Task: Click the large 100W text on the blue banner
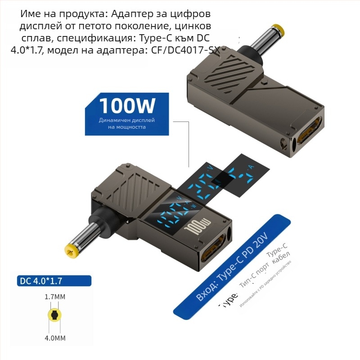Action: [127, 106]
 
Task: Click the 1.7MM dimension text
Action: [55, 297]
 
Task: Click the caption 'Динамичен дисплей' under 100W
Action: [127, 121]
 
